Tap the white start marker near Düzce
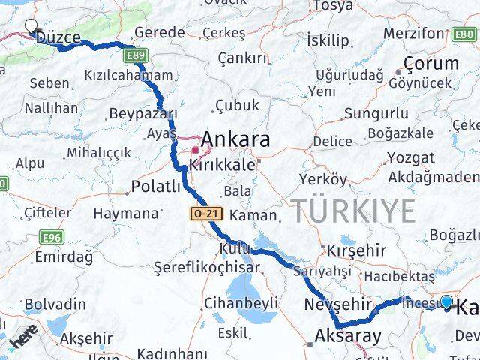tap(31, 25)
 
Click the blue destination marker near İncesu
tap(447, 302)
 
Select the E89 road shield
tap(136, 55)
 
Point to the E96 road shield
tap(52, 238)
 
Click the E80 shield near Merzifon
tap(464, 34)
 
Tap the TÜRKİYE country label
tap(353, 212)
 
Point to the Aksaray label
tap(349, 335)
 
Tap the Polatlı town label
tap(155, 187)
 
